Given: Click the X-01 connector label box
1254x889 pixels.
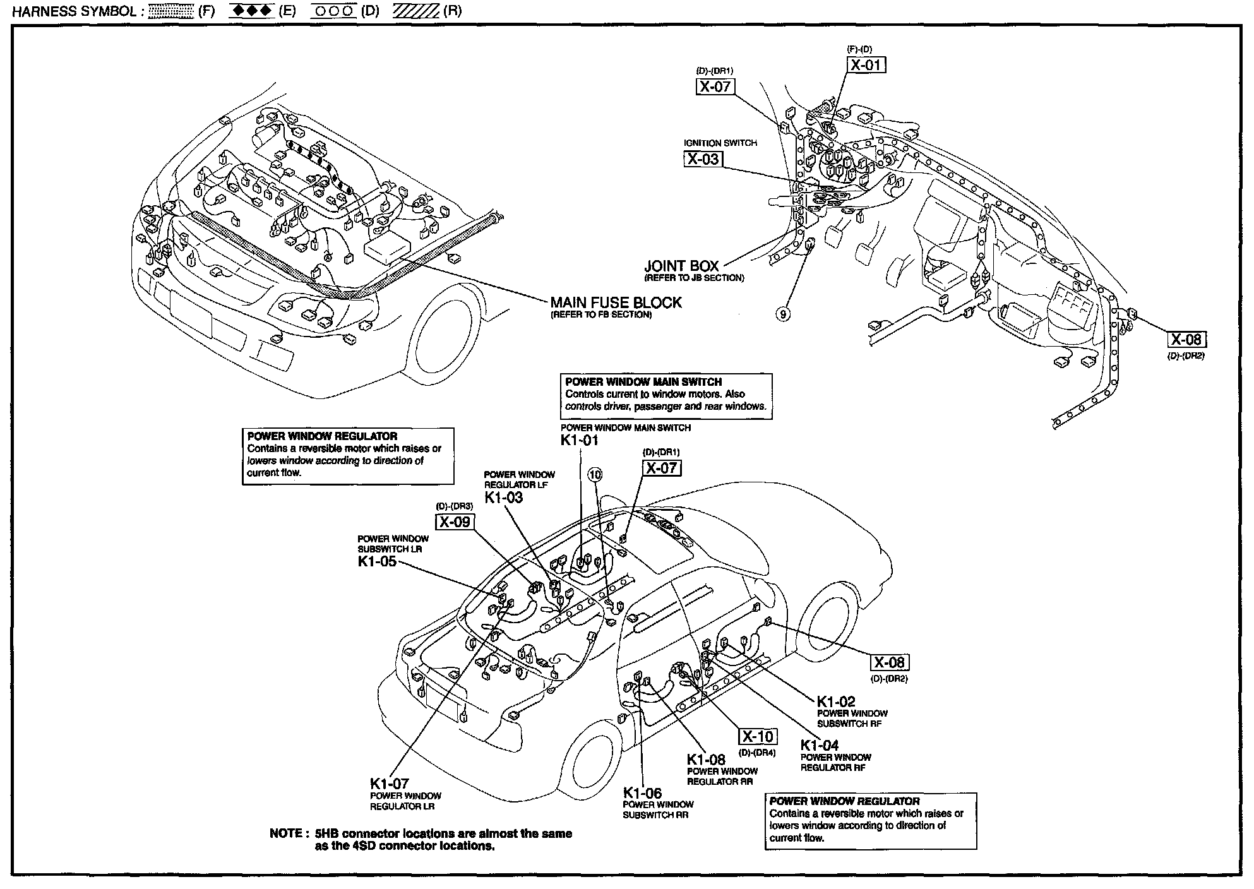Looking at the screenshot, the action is click(x=866, y=64).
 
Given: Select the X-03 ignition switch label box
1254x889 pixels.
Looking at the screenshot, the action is click(x=703, y=159).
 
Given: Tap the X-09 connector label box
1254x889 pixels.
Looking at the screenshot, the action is click(x=455, y=522).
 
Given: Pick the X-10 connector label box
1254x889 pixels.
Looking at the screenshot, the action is click(x=758, y=736).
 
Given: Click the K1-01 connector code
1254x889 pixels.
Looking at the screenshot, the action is click(x=579, y=440).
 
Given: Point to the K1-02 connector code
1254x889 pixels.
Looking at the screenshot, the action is click(x=836, y=701).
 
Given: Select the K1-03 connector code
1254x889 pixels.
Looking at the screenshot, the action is click(x=504, y=498).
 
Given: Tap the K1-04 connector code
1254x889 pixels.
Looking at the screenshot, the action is click(x=820, y=745).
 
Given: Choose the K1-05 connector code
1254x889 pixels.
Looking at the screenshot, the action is click(x=377, y=561).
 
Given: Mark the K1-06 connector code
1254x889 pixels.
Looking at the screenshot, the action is click(x=642, y=793).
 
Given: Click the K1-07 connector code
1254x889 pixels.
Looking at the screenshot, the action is click(x=390, y=784).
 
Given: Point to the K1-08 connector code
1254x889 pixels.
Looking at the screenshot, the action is click(x=707, y=760).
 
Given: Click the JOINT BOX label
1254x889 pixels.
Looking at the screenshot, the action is click(x=681, y=266).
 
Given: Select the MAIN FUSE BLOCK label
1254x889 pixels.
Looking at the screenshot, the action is click(x=616, y=302).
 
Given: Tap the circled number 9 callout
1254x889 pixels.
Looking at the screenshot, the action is click(x=783, y=314).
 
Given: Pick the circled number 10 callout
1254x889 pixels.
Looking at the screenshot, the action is click(x=595, y=474).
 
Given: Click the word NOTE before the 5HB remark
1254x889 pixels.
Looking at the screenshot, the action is click(x=285, y=833).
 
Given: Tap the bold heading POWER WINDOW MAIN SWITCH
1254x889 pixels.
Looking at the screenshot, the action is click(x=643, y=382).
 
